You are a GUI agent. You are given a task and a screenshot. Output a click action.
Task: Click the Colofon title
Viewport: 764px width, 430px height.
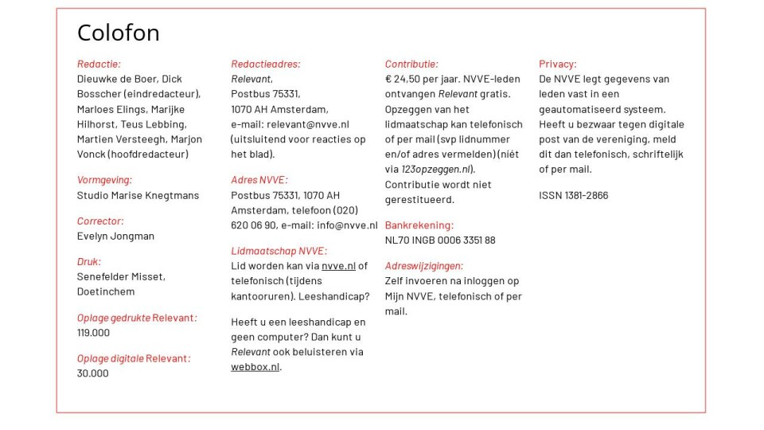pyautogui.click(x=118, y=33)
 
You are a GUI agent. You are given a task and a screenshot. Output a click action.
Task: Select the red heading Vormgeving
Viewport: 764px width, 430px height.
pyautogui.click(x=104, y=180)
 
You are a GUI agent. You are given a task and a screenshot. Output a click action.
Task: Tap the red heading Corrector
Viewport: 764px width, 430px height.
pyautogui.click(x=100, y=221)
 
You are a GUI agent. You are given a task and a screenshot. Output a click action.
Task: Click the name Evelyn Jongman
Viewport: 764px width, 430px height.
pyautogui.click(x=115, y=236)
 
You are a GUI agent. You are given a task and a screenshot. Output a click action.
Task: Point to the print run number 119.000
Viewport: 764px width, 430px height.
pyautogui.click(x=93, y=333)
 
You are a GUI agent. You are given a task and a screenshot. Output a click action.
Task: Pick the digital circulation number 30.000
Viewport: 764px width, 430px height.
pyautogui.click(x=92, y=373)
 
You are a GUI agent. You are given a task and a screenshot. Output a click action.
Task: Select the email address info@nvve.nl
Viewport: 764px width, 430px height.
pyautogui.click(x=347, y=225)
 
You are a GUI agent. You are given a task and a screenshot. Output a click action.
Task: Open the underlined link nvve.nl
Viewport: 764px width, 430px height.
pyautogui.click(x=338, y=266)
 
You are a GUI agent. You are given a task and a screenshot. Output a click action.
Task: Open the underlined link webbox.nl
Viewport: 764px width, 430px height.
pyautogui.click(x=255, y=367)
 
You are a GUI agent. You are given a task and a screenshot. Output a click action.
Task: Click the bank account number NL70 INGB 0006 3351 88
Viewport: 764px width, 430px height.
pyautogui.click(x=440, y=240)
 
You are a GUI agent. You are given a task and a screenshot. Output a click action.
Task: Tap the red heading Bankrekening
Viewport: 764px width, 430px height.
pyautogui.click(x=419, y=225)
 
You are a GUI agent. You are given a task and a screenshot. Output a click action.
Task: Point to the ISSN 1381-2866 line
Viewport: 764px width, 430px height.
pyautogui.click(x=573, y=195)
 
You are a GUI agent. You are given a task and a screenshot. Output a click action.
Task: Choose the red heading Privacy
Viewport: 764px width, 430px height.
pyautogui.click(x=557, y=64)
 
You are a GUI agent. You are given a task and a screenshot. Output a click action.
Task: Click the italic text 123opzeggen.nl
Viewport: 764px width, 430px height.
pyautogui.click(x=437, y=170)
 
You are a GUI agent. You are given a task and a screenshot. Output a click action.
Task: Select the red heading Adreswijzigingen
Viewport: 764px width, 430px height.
pyautogui.click(x=423, y=266)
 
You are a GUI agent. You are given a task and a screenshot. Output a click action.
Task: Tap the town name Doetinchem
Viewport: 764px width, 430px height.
pyautogui.click(x=106, y=291)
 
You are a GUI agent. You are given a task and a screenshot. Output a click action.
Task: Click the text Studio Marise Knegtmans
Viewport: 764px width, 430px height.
pyautogui.click(x=138, y=195)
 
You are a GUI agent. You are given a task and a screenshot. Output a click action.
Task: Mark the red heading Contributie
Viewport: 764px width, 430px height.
pyautogui.click(x=411, y=64)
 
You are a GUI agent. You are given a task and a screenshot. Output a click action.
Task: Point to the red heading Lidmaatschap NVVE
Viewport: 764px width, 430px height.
pyautogui.click(x=279, y=251)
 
